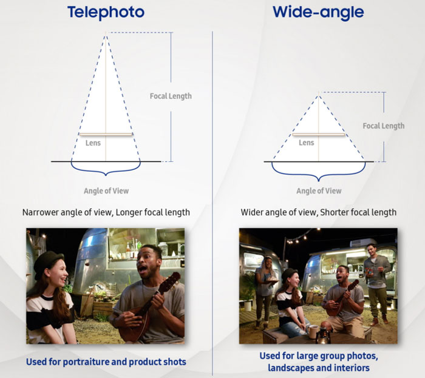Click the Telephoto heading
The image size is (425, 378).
click(x=106, y=13)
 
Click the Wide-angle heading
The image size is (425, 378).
click(x=318, y=12)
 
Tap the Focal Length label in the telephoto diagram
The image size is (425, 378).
click(x=171, y=96)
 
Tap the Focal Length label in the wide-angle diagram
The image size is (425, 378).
click(x=384, y=126)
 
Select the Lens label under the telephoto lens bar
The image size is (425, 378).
click(x=93, y=143)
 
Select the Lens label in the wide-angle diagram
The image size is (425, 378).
click(x=306, y=143)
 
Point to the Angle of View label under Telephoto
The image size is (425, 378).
click(x=106, y=191)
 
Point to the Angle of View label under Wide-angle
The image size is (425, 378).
click(x=319, y=191)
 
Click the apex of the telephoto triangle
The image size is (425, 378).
click(x=106, y=33)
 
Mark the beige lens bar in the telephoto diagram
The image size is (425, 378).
click(x=106, y=134)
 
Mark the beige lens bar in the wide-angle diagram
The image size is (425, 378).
click(x=319, y=134)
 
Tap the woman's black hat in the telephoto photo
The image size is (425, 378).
click(x=49, y=262)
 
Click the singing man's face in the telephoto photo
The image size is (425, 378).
click(x=147, y=262)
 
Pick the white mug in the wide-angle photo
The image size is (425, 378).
click(x=313, y=331)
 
